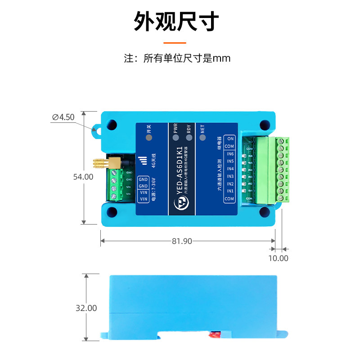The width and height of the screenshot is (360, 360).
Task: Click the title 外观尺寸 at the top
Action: coord(176,21)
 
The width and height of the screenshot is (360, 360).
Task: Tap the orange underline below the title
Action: coord(175,43)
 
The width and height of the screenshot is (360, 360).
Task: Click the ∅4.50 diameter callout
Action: coord(63,117)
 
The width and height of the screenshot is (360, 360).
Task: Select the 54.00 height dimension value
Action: coord(83,177)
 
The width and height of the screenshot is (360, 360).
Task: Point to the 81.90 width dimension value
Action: coord(182,241)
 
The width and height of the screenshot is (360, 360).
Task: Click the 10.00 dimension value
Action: coord(278,258)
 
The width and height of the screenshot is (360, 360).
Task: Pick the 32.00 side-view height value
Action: coord(86,308)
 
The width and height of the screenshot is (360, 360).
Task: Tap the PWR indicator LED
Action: coord(175,138)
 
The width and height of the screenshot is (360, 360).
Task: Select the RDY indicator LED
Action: coord(189,138)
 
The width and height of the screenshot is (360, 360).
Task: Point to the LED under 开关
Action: coord(149,138)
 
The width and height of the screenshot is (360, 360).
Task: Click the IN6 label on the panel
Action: coord(230,154)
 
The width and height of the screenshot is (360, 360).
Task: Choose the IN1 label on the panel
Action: coord(230,191)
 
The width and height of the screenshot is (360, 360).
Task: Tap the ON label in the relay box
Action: coord(230,139)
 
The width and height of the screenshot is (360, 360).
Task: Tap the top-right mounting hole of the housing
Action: coord(262,125)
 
